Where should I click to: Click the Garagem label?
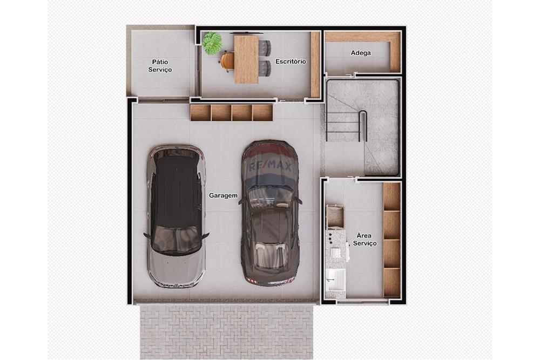223,195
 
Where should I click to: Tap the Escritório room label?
291,62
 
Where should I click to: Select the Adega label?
361,53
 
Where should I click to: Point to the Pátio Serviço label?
160,66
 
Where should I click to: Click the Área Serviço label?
365,240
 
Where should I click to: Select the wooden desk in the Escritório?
246,59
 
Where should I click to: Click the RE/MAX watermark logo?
270,166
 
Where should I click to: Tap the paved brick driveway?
227,330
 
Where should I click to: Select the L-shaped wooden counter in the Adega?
394,49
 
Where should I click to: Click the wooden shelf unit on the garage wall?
232,112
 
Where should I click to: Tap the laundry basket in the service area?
336,216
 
